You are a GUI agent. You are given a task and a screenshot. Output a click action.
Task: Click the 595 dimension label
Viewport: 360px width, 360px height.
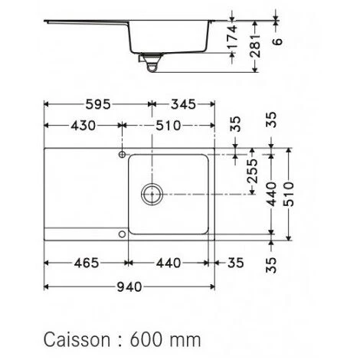98,104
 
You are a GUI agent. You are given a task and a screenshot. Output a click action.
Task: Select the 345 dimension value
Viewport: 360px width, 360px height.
183,104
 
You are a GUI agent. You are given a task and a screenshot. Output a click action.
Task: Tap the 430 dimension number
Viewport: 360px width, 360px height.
83,126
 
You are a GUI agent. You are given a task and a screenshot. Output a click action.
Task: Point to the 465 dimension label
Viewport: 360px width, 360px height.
87,263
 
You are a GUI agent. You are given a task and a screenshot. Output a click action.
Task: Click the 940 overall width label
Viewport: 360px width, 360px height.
129,287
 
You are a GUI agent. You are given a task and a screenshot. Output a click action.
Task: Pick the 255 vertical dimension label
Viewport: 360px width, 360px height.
253,171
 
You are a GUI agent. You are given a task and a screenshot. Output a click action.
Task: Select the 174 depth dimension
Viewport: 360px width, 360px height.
232,37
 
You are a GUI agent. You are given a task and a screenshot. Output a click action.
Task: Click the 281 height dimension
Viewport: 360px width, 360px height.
255,46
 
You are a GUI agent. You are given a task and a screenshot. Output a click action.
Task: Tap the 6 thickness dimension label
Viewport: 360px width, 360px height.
277,41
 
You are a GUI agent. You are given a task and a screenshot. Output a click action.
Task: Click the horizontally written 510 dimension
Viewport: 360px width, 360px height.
169,126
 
